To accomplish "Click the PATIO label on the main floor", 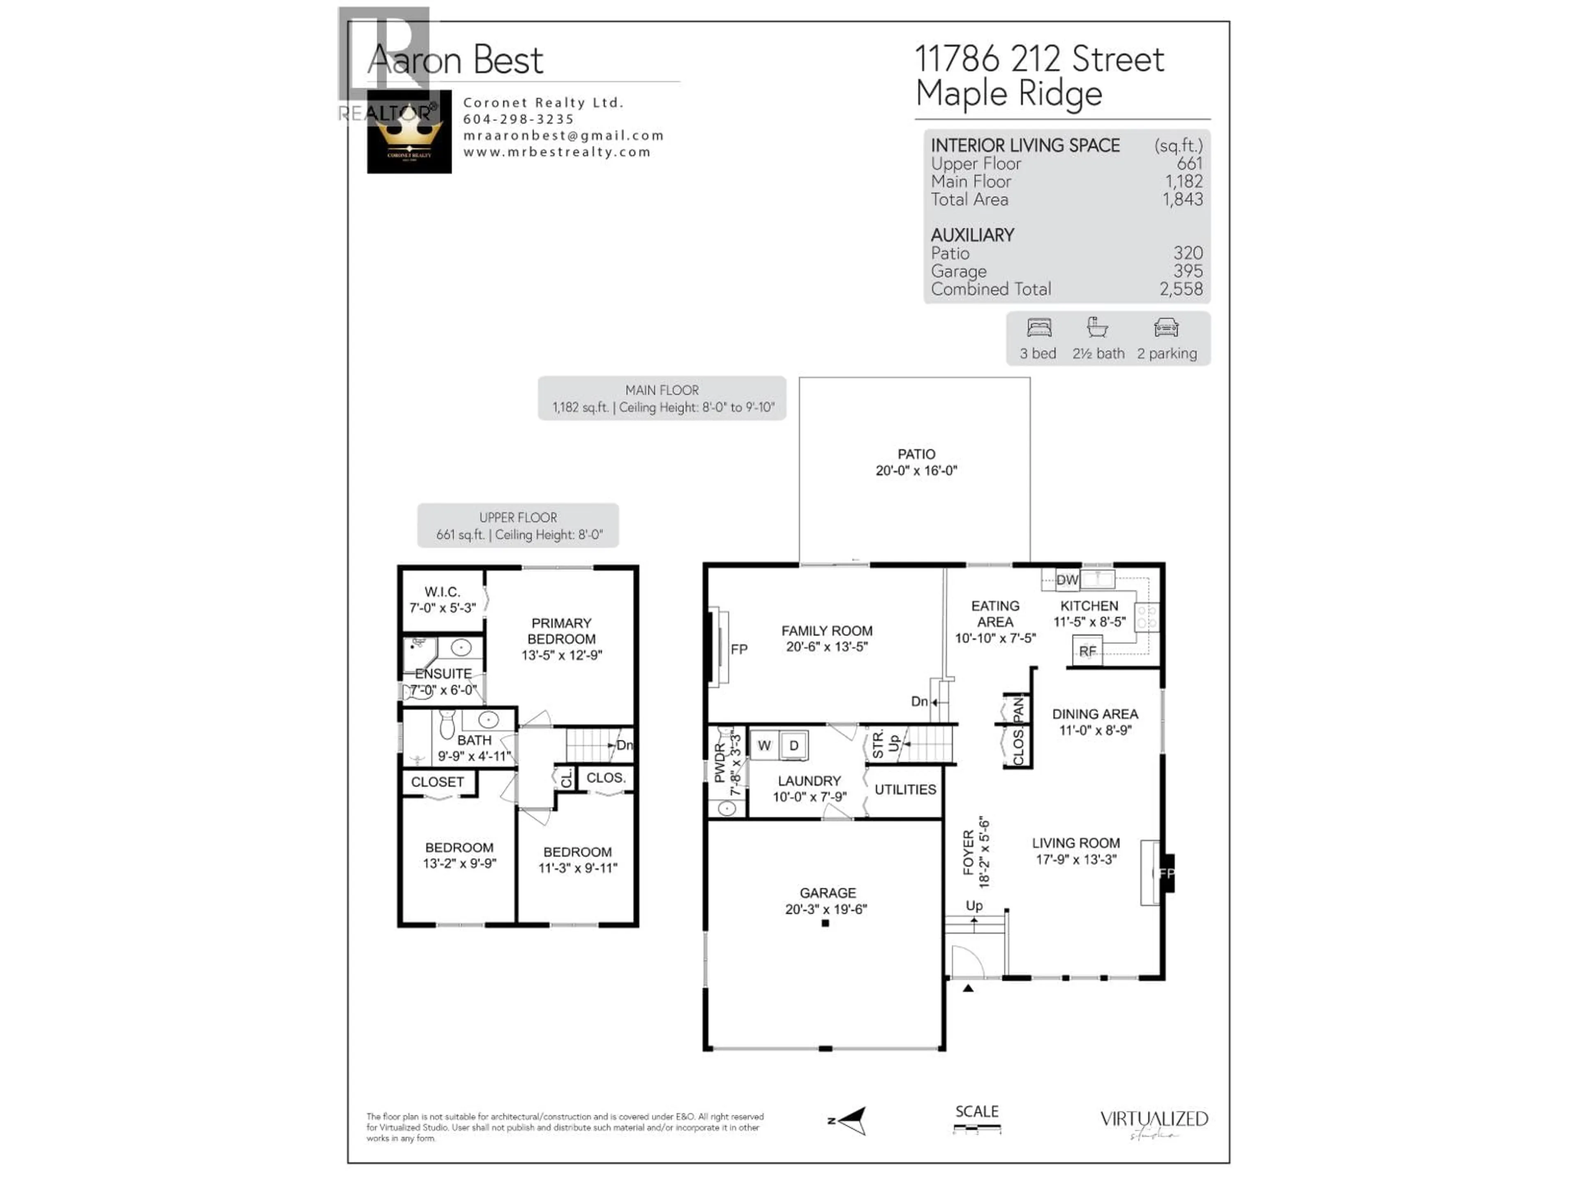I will [x=916, y=454].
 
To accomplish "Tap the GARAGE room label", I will [x=827, y=893].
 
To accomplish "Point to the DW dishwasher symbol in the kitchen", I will [x=1066, y=580].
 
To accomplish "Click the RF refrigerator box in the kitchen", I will [x=1087, y=651].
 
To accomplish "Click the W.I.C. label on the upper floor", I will [x=442, y=592].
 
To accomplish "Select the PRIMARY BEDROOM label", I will [x=561, y=631].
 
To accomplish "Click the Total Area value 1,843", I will [x=1182, y=200].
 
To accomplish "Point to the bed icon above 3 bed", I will [x=1039, y=328].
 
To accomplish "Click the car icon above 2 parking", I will [x=1166, y=328].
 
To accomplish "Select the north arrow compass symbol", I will [x=853, y=1120].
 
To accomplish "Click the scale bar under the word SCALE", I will [x=977, y=1129].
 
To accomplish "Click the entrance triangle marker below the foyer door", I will [x=968, y=988].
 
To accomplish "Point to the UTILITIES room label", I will [x=904, y=789].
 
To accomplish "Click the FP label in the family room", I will [x=738, y=649].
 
